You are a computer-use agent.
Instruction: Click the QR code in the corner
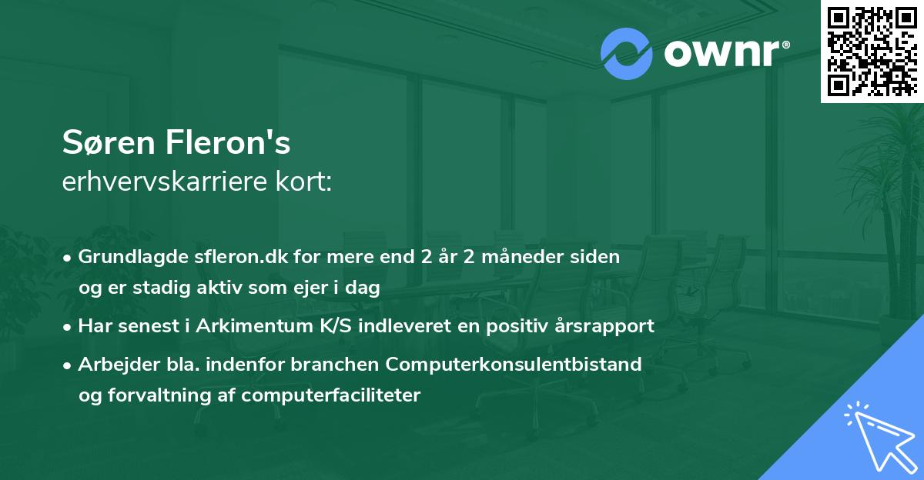tap(872, 51)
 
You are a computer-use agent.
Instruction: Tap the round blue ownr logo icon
tap(627, 54)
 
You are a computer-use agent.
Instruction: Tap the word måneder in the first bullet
tap(528, 257)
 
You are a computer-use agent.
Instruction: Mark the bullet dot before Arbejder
tap(69, 365)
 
